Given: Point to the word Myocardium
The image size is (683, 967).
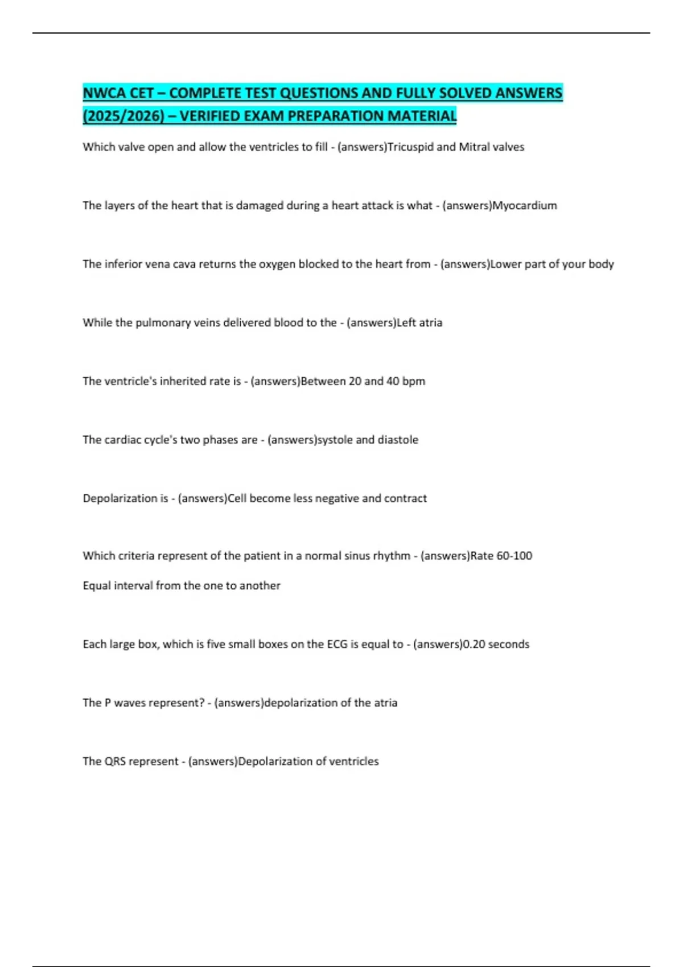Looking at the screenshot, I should [x=524, y=205].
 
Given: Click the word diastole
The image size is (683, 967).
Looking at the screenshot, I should [x=398, y=440].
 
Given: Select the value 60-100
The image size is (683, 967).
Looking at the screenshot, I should [x=515, y=556].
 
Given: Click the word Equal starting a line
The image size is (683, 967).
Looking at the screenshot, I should [x=97, y=585].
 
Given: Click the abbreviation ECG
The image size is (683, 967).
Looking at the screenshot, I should [x=337, y=644].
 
